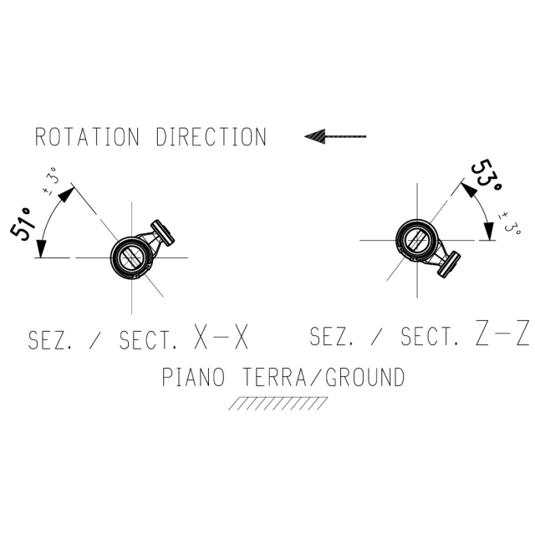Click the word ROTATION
click(87, 137)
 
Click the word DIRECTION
click(211, 137)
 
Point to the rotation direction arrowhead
click(314, 136)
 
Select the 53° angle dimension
click(487, 177)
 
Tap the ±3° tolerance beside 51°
click(52, 181)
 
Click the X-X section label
click(221, 337)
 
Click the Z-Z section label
click(502, 333)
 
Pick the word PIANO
click(193, 377)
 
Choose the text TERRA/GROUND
click(324, 377)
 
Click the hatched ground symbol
click(278, 403)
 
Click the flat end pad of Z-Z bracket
click(448, 264)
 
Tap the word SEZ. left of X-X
click(50, 340)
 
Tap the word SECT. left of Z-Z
click(430, 336)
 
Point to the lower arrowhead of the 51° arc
click(41, 249)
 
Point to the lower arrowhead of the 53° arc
click(489, 232)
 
